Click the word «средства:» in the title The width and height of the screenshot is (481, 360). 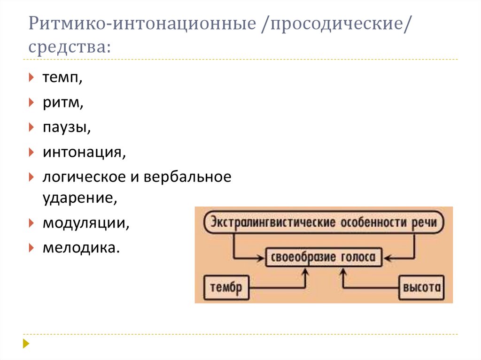click(69, 46)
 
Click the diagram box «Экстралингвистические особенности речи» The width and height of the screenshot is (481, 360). click(324, 222)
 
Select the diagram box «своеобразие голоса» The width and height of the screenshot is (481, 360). click(324, 257)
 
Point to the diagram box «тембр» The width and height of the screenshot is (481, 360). click(225, 287)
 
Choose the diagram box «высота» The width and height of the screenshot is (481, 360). click(422, 287)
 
